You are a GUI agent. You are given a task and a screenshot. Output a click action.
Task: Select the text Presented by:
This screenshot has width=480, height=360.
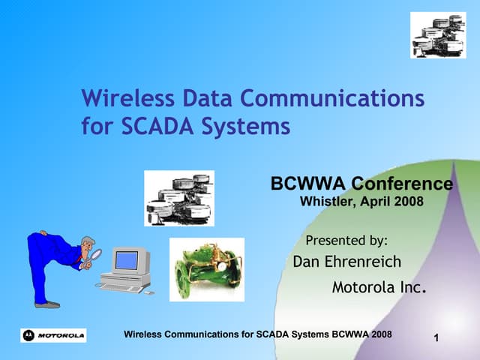(x=347, y=241)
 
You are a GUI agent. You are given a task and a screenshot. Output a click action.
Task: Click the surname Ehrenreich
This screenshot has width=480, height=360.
(x=364, y=262)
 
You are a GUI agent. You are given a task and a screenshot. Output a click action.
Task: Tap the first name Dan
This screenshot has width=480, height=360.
(x=306, y=262)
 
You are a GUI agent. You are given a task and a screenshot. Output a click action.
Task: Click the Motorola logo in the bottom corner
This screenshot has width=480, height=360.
(x=53, y=334)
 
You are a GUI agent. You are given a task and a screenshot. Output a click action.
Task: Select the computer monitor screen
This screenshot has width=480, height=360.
(x=127, y=260)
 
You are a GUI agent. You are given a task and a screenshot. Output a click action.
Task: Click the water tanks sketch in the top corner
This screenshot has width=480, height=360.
(x=438, y=34)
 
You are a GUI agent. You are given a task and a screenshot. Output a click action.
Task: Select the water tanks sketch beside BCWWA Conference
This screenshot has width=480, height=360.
(x=179, y=198)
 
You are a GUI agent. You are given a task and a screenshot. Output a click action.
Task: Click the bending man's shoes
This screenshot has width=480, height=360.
(x=46, y=304)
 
